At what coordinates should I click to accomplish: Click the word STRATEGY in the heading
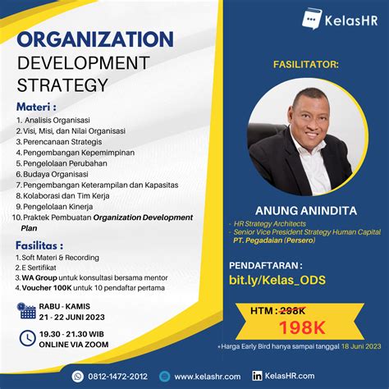click(62, 85)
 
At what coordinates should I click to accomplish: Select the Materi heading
click(36, 107)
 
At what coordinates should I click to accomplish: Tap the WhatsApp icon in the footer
click(78, 376)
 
